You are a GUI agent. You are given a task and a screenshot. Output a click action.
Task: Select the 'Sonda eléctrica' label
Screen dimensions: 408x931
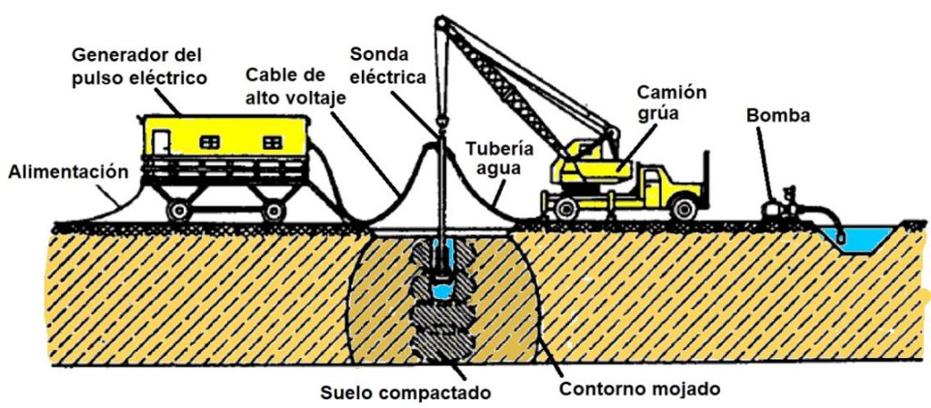(x=393, y=65)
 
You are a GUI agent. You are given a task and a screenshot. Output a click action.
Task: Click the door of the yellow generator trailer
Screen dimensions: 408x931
(x=161, y=141)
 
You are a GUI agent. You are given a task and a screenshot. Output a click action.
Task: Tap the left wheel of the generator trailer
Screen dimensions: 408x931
(x=178, y=210)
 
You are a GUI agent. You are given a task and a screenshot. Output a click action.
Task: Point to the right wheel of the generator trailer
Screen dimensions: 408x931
(x=274, y=210)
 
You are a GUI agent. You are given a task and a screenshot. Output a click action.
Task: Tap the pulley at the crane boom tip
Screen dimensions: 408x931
(x=439, y=20)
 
